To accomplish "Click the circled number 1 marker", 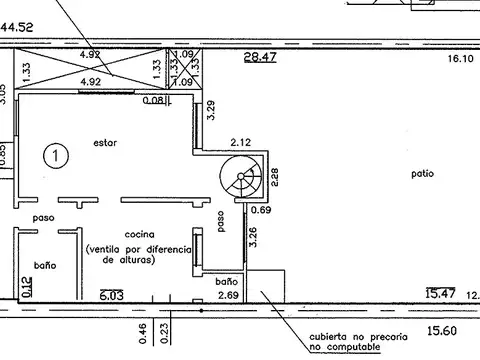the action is (x=56, y=156).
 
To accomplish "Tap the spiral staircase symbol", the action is (x=241, y=176).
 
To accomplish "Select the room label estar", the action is (x=105, y=143).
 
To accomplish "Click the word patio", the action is (x=423, y=174).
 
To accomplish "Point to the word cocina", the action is (x=140, y=234).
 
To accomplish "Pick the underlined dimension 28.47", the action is (x=260, y=57).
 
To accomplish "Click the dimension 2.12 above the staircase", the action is (x=241, y=142).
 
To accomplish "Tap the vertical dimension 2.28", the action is (x=275, y=177).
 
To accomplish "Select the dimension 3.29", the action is (x=211, y=110).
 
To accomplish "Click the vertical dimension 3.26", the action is (x=253, y=237).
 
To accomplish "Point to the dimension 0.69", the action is (x=261, y=210).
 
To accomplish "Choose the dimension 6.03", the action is (x=112, y=295).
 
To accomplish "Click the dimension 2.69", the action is (x=228, y=295).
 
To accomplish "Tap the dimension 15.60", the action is (x=442, y=331).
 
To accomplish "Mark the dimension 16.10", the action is (x=461, y=59).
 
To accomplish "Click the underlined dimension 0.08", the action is (x=154, y=100).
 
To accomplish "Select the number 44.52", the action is (x=17, y=27).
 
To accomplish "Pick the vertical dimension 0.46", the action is (x=142, y=333).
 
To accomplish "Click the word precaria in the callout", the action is (x=389, y=337).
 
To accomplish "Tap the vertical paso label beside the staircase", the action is (x=221, y=221).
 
